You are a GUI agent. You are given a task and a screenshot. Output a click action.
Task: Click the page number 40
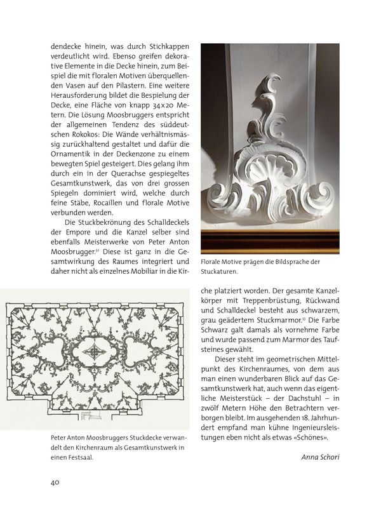tap(55, 482)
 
